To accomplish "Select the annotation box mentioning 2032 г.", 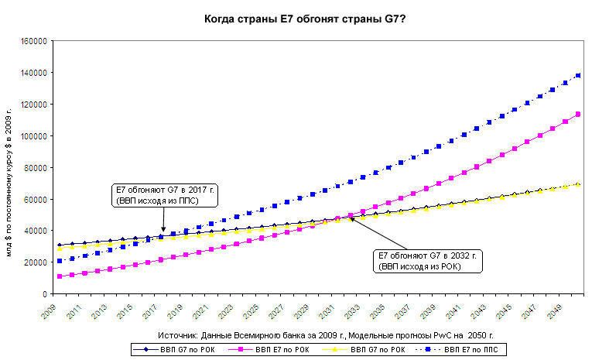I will tap(428, 260).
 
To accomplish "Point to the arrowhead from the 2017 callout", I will tap(163, 230).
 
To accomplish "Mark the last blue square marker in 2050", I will tap(577, 76).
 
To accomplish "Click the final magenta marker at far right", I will tap(577, 115).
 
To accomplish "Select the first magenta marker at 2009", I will tap(60, 276).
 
